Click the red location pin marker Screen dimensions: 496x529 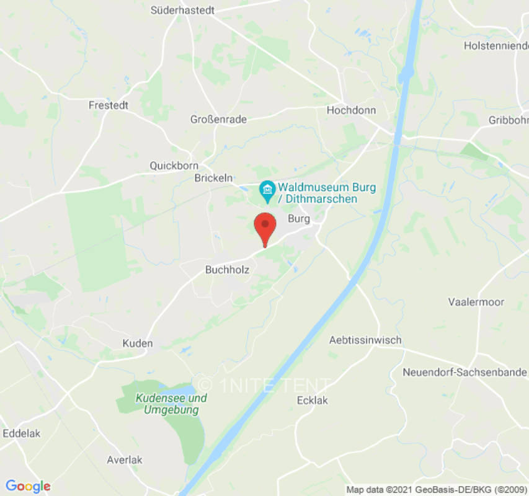265,228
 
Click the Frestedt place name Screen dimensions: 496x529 109,105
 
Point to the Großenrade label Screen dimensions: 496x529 218,119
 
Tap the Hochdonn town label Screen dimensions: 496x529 351,110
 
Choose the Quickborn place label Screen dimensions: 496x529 174,166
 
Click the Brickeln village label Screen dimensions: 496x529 213,178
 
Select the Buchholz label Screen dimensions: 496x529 227,270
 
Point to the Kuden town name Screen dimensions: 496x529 138,343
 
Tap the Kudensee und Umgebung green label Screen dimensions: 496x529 171,404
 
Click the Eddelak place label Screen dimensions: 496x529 22,433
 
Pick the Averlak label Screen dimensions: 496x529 125,460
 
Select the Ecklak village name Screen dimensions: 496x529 313,401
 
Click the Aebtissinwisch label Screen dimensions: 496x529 365,340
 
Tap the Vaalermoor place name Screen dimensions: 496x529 476,302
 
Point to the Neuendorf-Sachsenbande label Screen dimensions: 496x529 465,373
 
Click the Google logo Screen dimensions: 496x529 28,486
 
